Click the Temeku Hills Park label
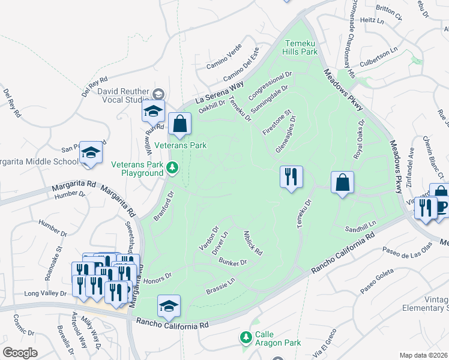[x=301, y=48]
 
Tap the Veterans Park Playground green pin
[x=173, y=167]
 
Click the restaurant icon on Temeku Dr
[x=291, y=177]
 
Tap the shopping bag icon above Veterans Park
[x=179, y=124]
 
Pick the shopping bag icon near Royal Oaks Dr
[x=342, y=182]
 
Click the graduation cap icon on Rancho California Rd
[x=169, y=306]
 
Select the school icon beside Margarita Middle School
[x=91, y=152]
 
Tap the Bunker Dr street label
[x=234, y=263]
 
